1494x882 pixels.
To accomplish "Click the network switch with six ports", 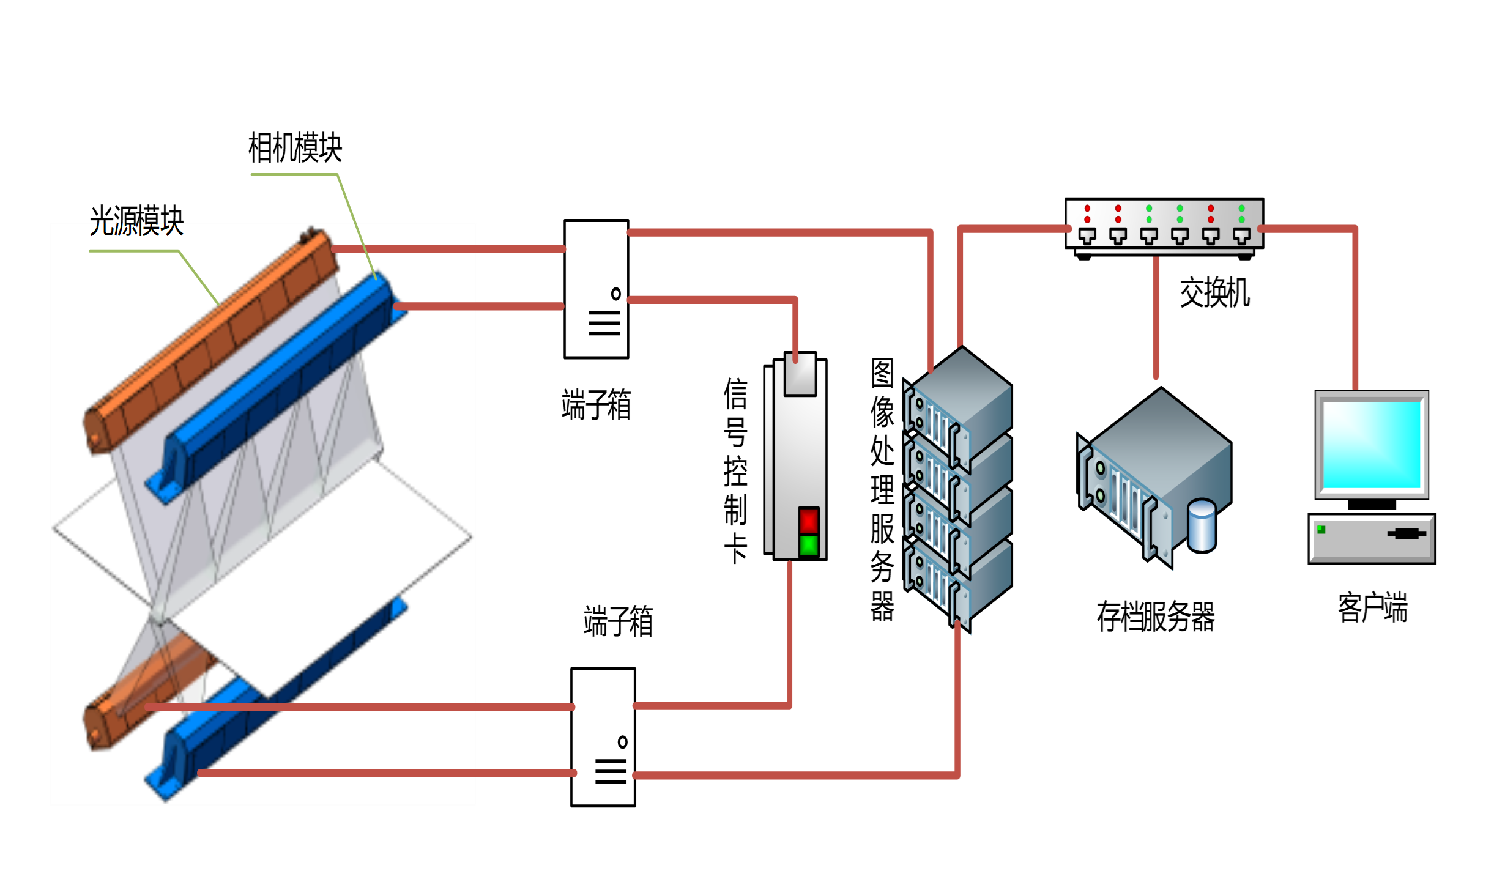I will [1164, 223].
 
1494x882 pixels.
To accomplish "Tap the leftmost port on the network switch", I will [1087, 235].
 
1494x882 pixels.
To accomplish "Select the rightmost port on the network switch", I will [1241, 235].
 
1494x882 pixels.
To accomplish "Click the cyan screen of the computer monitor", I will [1372, 444].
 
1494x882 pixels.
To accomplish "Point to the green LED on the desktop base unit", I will [1321, 530].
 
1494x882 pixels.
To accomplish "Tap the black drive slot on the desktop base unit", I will [1407, 533].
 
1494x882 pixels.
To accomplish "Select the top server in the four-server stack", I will [957, 404].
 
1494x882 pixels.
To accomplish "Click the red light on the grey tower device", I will [809, 521].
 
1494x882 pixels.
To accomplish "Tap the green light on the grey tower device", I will [809, 546].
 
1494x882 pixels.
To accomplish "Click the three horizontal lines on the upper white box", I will [604, 323].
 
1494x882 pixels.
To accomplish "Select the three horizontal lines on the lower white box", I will [611, 771].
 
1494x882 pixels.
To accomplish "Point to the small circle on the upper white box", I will [616, 294].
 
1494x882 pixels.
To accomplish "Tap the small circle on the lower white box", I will [623, 742].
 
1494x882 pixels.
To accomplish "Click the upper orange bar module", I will [208, 343].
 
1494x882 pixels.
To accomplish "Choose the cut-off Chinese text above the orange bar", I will [136, 229].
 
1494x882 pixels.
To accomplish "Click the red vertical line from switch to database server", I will [1156, 318].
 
